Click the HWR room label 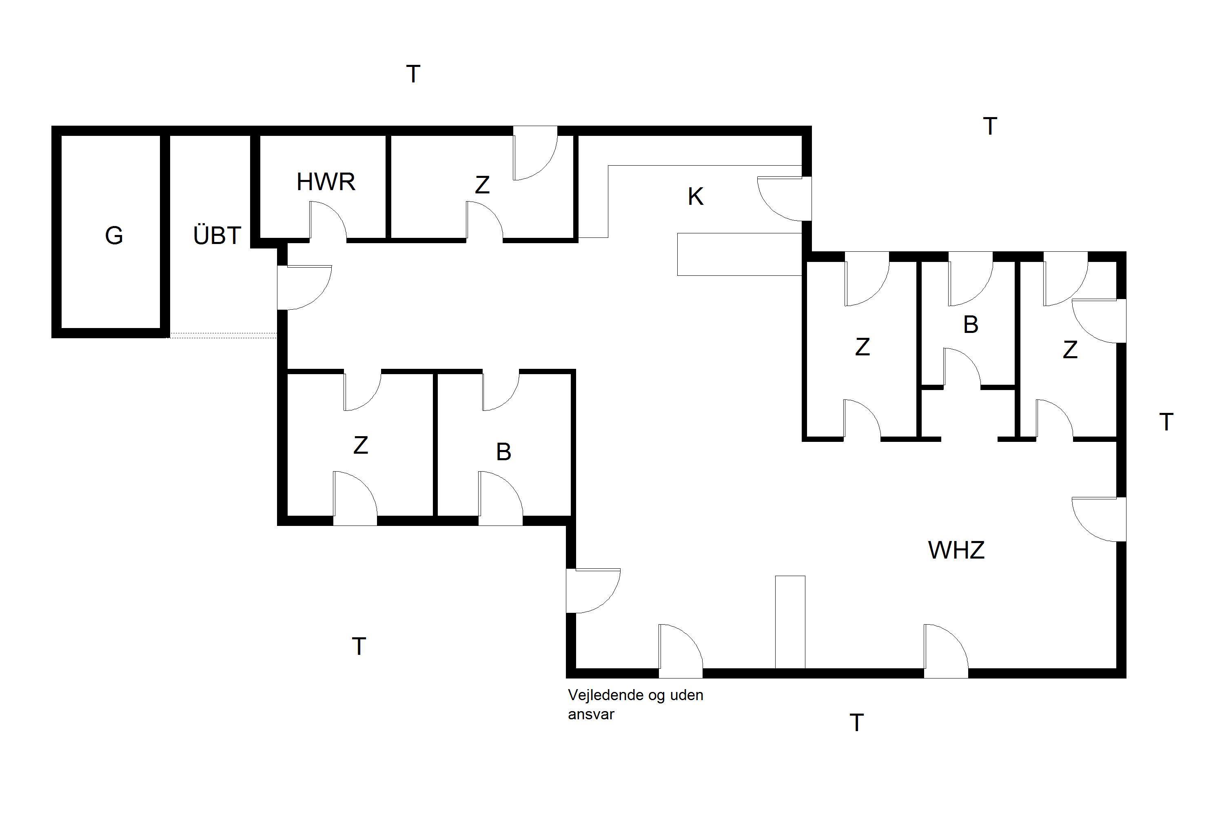[326, 182]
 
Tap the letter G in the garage [114, 236]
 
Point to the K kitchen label [696, 197]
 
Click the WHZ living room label [956, 550]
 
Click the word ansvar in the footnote [591, 714]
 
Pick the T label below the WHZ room [856, 723]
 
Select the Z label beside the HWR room [482, 185]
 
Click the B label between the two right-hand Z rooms [971, 325]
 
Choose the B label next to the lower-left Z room [503, 452]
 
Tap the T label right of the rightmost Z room [1166, 423]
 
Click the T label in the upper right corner [990, 126]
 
